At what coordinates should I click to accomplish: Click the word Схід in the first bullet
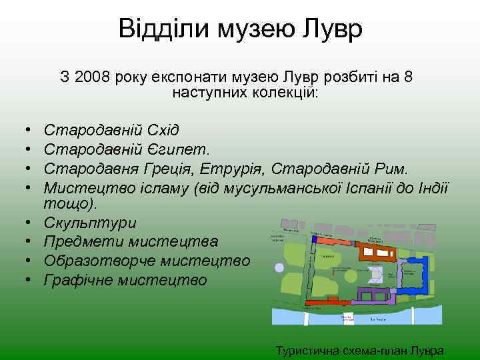point(159,129)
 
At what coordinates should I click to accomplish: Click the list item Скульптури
point(90,223)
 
